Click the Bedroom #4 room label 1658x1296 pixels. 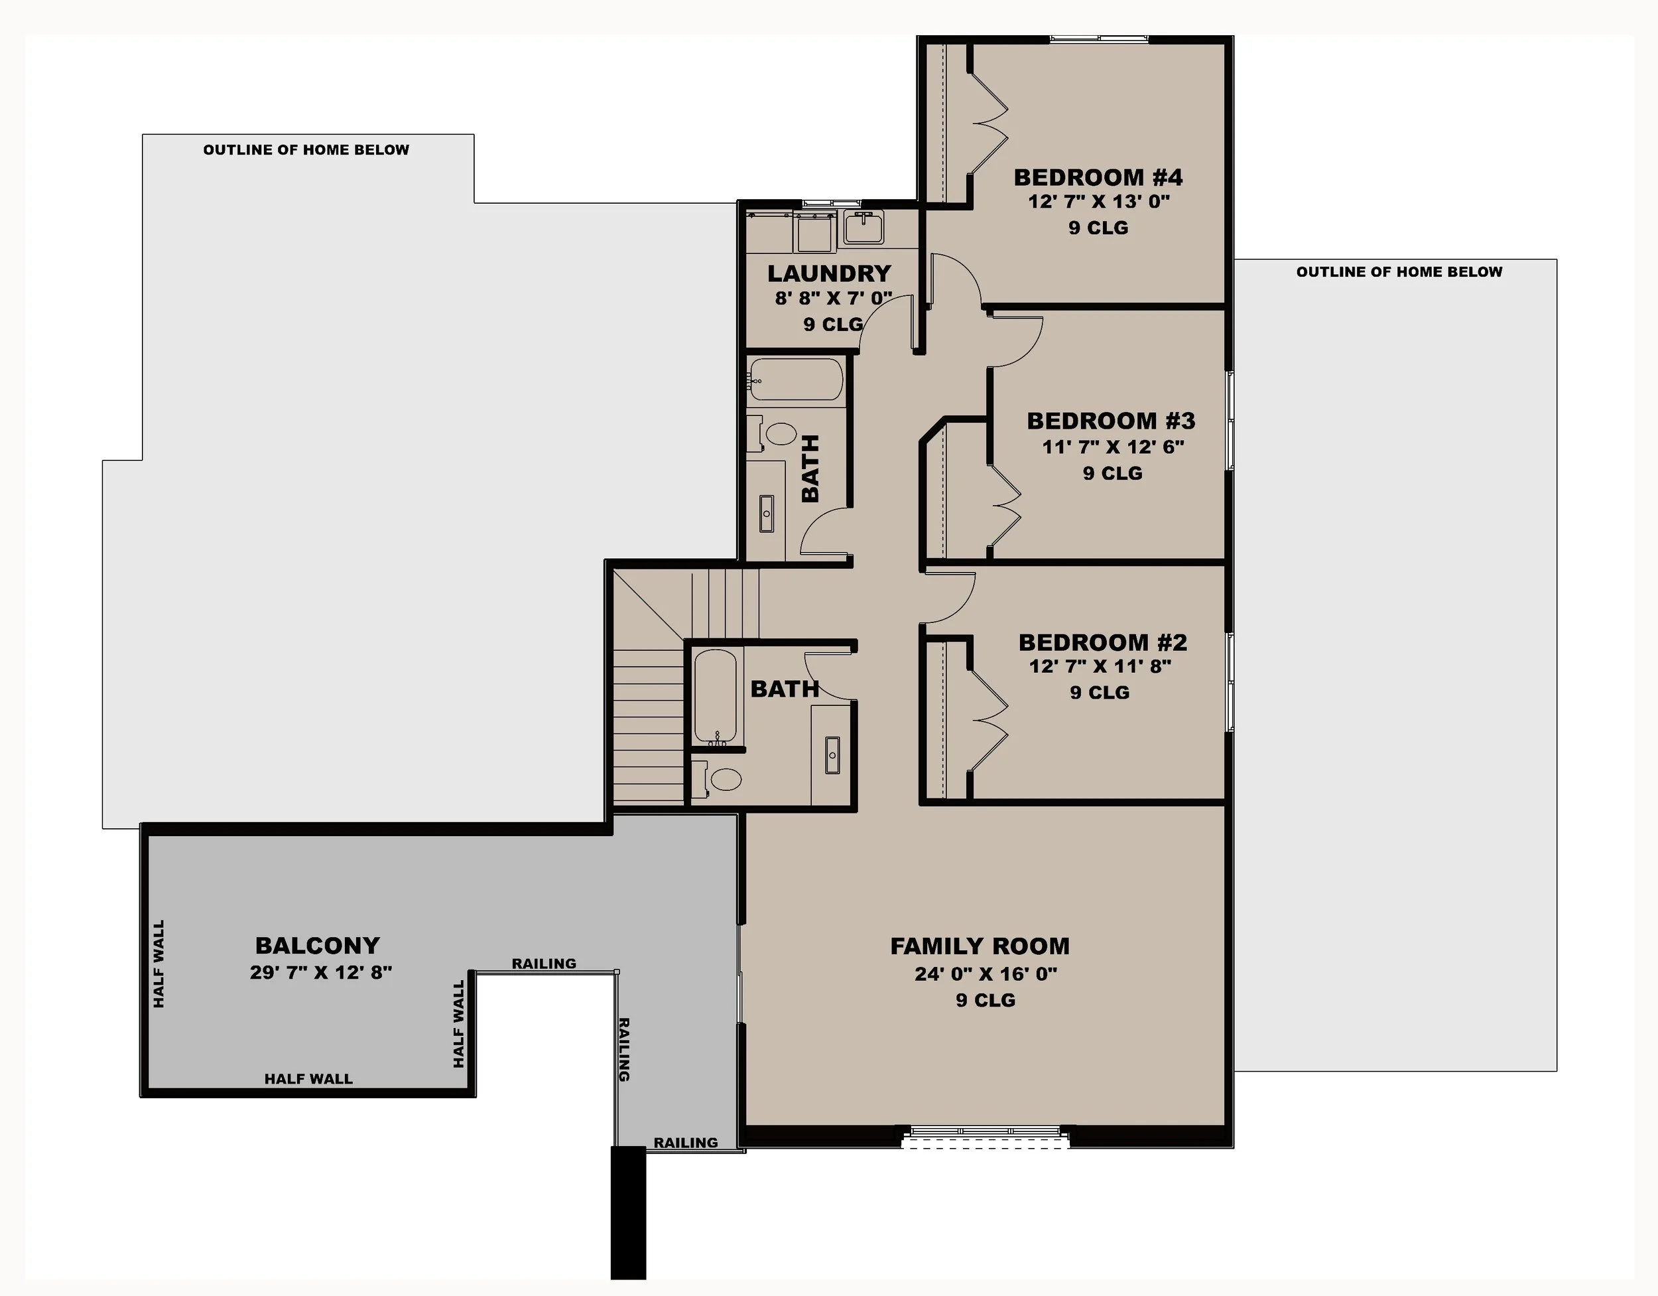click(x=1098, y=177)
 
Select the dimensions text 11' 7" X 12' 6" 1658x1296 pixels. click(x=1113, y=447)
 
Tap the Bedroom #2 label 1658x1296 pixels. click(x=1102, y=642)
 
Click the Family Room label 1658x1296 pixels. click(x=980, y=946)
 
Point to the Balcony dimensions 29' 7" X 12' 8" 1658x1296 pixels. click(x=320, y=972)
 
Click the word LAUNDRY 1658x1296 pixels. click(x=829, y=273)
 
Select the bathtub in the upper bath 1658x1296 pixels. click(x=796, y=379)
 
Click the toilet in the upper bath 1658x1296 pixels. click(x=780, y=435)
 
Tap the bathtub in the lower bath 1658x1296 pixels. click(x=715, y=695)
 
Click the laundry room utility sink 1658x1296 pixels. click(x=864, y=227)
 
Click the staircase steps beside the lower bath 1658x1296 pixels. click(x=649, y=722)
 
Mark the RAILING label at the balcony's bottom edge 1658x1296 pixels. click(x=686, y=1143)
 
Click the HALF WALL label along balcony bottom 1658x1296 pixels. click(x=308, y=1079)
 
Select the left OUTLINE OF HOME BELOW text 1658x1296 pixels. click(x=306, y=150)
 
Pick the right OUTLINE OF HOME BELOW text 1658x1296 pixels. click(x=1399, y=272)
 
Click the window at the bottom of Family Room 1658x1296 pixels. click(x=985, y=1133)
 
